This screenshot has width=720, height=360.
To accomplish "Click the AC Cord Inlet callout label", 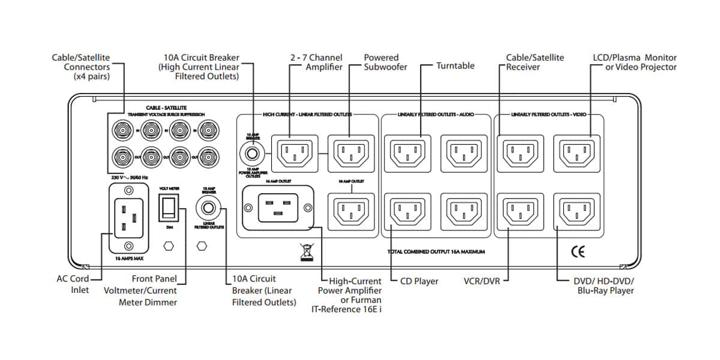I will pos(73,284).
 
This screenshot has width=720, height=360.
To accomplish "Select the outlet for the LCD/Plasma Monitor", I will pos(576,153).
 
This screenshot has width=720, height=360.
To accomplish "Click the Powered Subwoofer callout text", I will pos(385,62).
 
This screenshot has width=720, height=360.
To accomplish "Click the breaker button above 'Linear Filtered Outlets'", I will pos(209,209).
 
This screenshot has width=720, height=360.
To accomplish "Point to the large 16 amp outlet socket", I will pos(277,208).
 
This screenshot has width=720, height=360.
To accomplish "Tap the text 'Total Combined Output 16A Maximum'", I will pos(436,252).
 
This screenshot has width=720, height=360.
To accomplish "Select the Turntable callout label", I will pos(455,66).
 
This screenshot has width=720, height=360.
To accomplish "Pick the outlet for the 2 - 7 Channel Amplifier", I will pos(294,153).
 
